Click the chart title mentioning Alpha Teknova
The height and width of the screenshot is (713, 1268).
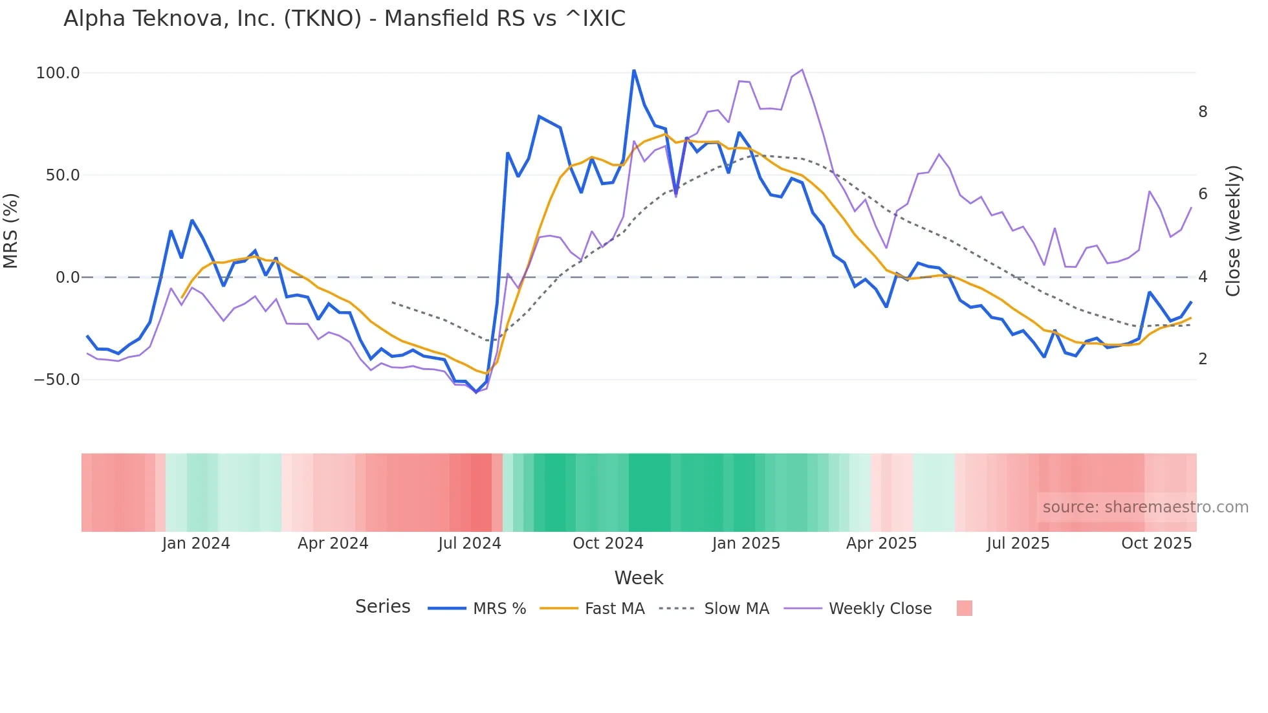(344, 19)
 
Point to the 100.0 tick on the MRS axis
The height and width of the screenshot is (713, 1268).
(58, 73)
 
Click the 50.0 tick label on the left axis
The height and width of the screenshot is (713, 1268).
(62, 175)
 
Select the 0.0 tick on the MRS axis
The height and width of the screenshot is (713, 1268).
(67, 278)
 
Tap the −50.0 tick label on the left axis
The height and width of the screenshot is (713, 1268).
(57, 380)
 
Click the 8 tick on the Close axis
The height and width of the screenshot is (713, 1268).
(1203, 112)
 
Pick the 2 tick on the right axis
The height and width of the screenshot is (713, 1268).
(1203, 359)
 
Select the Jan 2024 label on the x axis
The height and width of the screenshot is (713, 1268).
(196, 543)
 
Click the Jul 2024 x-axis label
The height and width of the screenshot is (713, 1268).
(470, 543)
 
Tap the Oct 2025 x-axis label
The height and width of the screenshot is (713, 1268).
(1156, 543)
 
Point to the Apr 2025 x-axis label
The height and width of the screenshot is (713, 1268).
(881, 543)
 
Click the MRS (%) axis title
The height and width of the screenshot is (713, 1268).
(11, 230)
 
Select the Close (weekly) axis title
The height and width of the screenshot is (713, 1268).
(1233, 230)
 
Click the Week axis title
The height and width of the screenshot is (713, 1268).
(639, 578)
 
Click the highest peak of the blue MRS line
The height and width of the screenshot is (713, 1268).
(634, 70)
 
